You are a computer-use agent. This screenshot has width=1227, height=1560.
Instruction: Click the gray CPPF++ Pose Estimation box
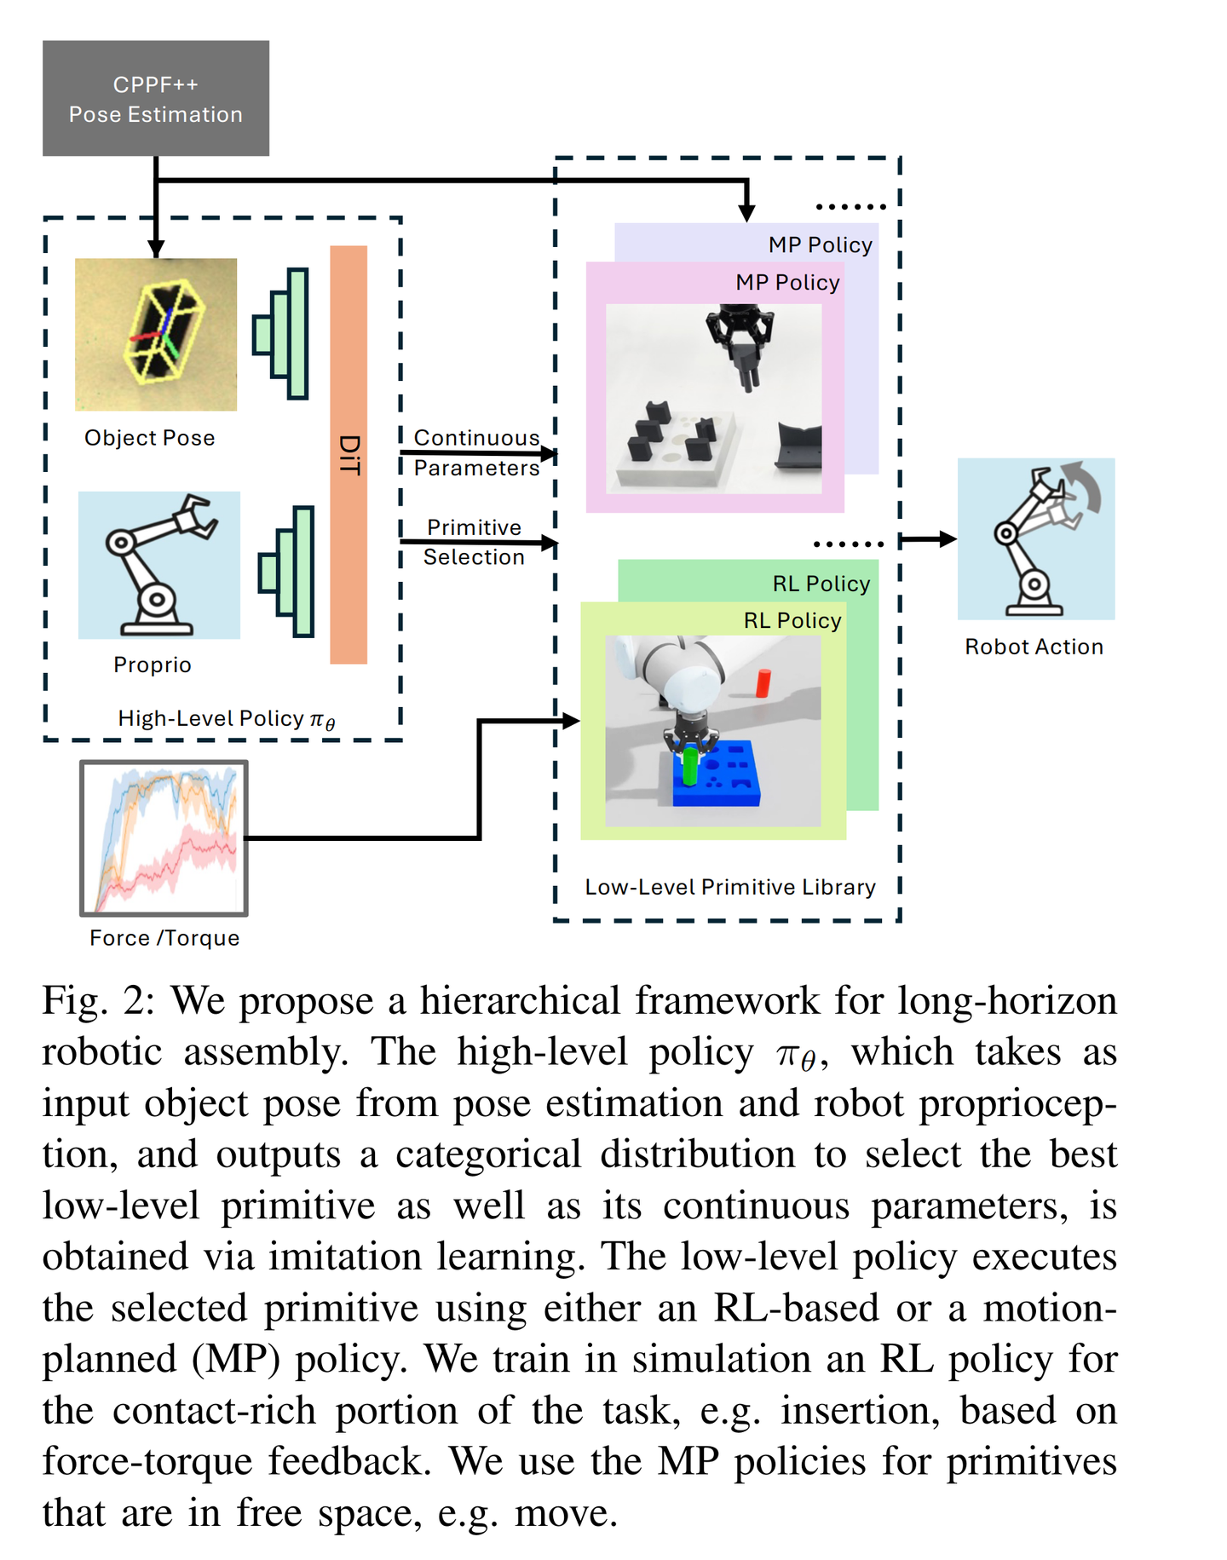click(x=156, y=98)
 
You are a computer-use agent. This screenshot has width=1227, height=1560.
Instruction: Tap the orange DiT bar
click(x=349, y=454)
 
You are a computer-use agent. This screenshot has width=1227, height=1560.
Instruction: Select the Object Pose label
click(x=150, y=438)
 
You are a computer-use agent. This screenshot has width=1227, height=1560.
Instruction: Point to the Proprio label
click(x=153, y=665)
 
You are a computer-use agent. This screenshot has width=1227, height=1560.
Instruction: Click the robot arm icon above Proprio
click(x=159, y=565)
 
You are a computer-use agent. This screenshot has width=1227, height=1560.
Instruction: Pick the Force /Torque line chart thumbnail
click(x=164, y=838)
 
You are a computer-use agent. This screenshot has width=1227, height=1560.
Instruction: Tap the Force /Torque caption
click(x=164, y=938)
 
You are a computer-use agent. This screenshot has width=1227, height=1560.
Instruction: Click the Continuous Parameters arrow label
click(x=476, y=452)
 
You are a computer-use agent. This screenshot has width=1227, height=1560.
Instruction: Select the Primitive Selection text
click(x=474, y=542)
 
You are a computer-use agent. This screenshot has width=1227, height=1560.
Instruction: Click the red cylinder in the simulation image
click(x=763, y=683)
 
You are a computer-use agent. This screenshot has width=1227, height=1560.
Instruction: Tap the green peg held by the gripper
click(x=690, y=765)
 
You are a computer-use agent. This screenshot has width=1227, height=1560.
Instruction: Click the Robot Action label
click(x=1034, y=647)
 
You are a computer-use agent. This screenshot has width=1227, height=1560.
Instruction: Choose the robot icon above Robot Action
click(x=1035, y=538)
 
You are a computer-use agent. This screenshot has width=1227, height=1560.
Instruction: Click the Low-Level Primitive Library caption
click(x=730, y=887)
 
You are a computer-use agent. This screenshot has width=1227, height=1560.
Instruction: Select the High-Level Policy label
click(x=226, y=719)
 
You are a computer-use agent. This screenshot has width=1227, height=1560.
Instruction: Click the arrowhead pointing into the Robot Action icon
click(x=948, y=538)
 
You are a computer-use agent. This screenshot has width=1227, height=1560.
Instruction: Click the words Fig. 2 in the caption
click(x=98, y=1000)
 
